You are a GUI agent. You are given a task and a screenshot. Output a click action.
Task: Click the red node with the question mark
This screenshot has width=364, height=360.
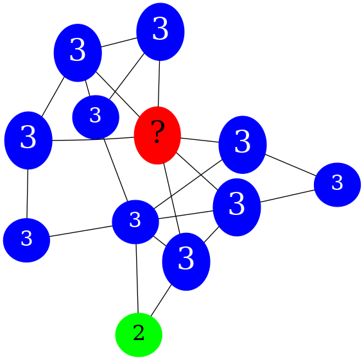click(x=157, y=135)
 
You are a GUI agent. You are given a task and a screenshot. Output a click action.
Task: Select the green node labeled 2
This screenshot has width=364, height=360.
click(x=139, y=334)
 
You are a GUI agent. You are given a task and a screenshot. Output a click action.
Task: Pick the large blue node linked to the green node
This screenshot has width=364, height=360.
click(x=186, y=261)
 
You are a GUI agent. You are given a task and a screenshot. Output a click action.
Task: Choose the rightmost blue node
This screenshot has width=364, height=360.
click(x=337, y=185)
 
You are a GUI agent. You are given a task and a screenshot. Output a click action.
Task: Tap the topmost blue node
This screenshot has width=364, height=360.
click(x=160, y=31)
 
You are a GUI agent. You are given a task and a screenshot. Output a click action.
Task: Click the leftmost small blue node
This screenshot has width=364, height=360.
click(x=26, y=240)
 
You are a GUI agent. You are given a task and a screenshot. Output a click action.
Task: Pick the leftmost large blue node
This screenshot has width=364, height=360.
click(x=28, y=140)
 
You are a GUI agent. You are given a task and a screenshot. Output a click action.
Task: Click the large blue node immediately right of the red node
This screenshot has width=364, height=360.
click(x=243, y=144)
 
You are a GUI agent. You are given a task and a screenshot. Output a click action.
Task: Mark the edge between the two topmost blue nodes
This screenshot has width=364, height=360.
click(x=119, y=42)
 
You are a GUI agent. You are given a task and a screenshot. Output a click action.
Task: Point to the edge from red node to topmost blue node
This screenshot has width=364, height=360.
click(x=159, y=83)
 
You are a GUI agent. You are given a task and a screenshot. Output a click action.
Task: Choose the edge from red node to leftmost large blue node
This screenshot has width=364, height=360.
click(x=93, y=139)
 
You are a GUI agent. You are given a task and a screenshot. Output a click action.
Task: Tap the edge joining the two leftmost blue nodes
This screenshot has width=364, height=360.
click(x=28, y=194)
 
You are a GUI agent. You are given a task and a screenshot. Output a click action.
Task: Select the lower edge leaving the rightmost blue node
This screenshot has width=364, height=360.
click(x=288, y=196)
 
